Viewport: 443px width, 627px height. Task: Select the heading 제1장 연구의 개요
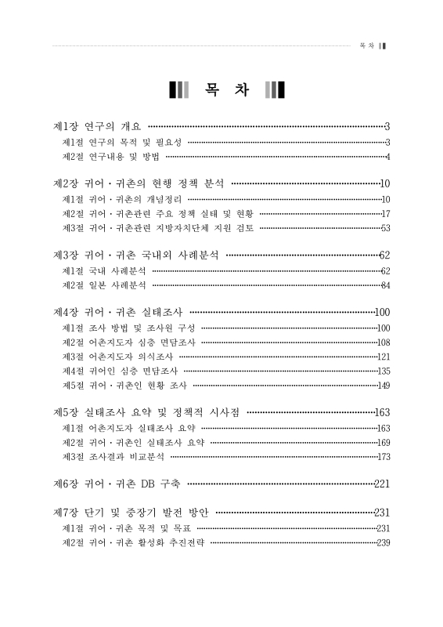96,126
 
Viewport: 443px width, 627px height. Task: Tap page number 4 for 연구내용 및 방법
387,157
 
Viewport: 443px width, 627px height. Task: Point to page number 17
384,213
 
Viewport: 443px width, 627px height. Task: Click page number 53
384,228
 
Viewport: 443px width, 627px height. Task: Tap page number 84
384,285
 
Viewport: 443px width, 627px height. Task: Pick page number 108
383,342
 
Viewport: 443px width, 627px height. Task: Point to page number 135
383,370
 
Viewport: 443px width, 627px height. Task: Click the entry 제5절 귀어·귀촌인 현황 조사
124,385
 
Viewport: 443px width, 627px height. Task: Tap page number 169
383,442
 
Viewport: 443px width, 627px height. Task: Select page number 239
383,542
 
